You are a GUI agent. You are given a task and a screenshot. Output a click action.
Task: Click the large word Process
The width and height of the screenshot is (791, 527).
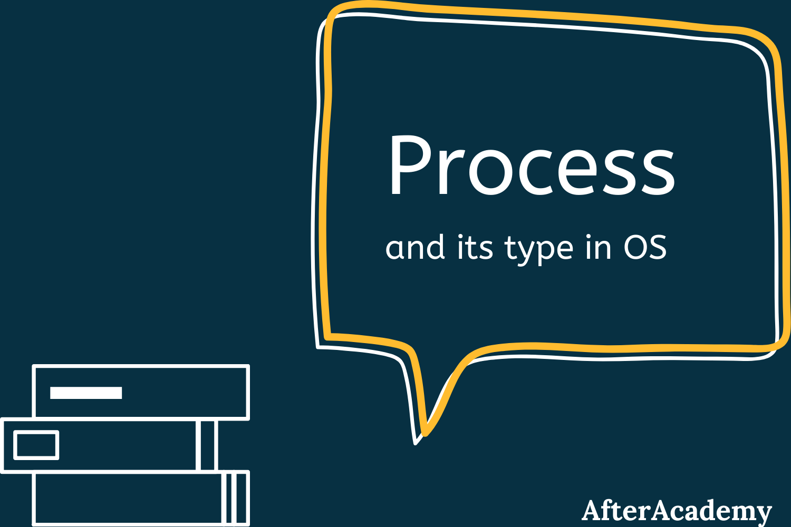532,166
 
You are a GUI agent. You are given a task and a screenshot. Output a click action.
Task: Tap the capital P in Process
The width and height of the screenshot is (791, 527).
407,165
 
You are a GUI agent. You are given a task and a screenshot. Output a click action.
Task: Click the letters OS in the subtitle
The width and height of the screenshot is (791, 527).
645,247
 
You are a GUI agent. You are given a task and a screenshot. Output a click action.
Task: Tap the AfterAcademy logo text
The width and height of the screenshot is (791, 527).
677,510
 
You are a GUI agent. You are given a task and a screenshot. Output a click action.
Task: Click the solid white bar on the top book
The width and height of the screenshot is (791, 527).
86,393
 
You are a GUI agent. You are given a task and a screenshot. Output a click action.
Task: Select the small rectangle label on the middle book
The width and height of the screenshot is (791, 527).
36,445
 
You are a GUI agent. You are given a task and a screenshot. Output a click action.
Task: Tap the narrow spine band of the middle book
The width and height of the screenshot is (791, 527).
207,445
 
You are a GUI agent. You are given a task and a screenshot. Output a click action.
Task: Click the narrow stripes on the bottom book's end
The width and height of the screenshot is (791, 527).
235,499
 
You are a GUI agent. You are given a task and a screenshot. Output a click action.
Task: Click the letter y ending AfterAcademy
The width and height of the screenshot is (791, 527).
763,512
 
